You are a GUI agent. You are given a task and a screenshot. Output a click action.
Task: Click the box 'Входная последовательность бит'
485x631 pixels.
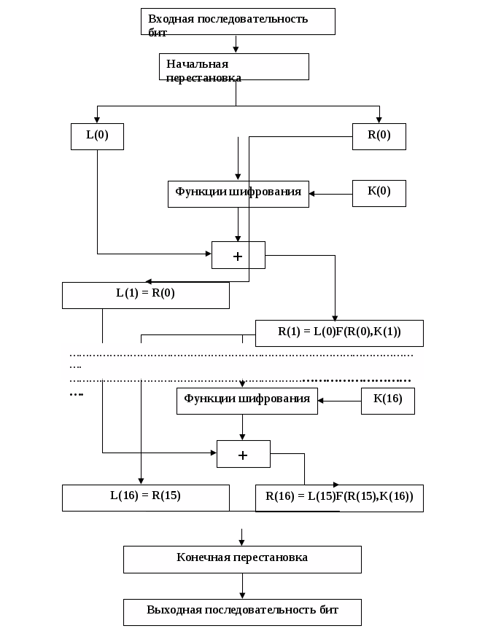coord(238,22)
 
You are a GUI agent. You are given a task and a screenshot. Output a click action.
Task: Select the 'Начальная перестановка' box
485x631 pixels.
coord(233,66)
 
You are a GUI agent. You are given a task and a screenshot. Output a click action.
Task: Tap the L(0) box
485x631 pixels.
coord(97,136)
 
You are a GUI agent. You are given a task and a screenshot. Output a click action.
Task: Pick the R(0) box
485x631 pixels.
coord(379,136)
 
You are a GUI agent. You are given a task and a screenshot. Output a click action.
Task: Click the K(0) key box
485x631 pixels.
coord(379,193)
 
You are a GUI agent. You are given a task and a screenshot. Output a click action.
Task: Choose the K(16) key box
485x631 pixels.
coord(388,400)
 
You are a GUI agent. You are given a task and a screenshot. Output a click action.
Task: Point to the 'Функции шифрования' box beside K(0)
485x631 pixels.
coord(238,193)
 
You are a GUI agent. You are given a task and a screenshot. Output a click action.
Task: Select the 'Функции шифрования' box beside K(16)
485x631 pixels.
coord(247,400)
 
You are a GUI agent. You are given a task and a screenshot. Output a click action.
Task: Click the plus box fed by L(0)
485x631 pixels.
coord(238,255)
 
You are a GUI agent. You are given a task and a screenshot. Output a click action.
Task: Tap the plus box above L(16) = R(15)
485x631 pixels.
coord(244,453)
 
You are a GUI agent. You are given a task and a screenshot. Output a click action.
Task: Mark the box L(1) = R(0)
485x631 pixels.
coord(146,295)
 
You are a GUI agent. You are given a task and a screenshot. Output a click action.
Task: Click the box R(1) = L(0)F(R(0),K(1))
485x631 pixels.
coord(339,333)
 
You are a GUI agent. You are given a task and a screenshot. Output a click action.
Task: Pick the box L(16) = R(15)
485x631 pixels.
coord(146,498)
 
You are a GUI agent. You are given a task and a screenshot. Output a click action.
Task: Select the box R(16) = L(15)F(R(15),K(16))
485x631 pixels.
coord(339,498)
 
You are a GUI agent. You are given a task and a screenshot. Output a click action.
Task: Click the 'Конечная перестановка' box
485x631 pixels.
coord(242,559)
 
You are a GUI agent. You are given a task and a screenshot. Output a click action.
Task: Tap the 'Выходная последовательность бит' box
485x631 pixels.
coord(242,611)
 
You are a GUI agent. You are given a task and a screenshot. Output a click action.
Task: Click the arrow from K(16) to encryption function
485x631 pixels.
coord(340,401)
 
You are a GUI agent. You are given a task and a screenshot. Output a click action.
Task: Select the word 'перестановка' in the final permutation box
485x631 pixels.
coord(271,557)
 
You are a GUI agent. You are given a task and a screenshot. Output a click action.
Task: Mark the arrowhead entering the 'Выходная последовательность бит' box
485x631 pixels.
coord(242,595)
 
